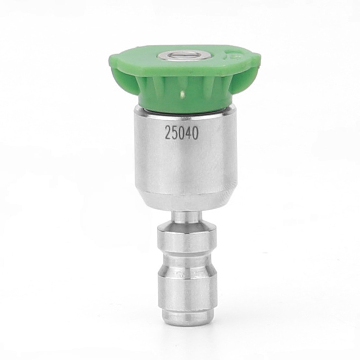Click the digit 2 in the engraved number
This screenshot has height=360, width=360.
pyautogui.click(x=168, y=133)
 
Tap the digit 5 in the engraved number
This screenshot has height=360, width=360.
pyautogui.click(x=174, y=133)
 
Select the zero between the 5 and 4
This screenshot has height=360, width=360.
pyautogui.click(x=181, y=133)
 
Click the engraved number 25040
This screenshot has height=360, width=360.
pyautogui.click(x=181, y=133)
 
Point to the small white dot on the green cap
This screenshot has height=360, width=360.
pyautogui.click(x=183, y=94)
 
